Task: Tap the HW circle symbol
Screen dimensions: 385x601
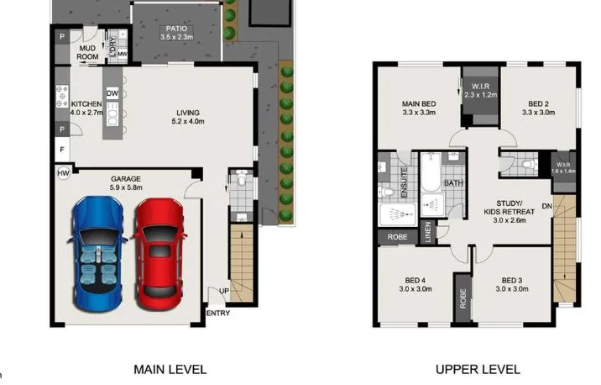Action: tap(62, 173)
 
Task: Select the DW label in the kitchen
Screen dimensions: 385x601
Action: tap(112, 93)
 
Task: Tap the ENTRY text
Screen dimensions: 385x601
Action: tap(217, 314)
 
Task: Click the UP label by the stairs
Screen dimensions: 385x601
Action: tap(222, 290)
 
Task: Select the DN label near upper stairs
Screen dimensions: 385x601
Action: tap(547, 207)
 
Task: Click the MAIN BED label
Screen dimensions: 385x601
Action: tap(416, 107)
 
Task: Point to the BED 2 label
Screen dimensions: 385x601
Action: tap(538, 107)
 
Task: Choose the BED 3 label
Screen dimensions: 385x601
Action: tap(512, 284)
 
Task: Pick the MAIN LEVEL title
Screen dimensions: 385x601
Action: tap(170, 369)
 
